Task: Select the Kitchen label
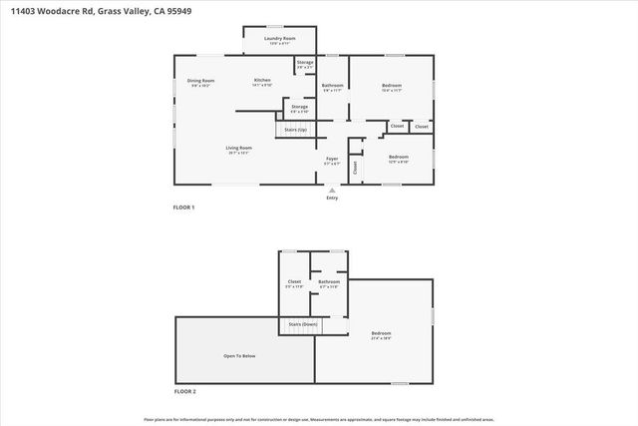tap(262, 80)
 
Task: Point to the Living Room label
tap(238, 148)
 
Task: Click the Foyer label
tap(333, 159)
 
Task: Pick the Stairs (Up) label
tap(295, 129)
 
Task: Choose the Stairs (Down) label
tap(302, 324)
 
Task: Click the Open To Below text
tap(239, 355)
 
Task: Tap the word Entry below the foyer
tap(332, 198)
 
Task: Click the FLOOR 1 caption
tap(184, 208)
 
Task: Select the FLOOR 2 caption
tap(184, 391)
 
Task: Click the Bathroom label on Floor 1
tap(333, 86)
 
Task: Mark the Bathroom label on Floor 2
tap(329, 281)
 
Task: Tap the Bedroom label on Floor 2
tap(381, 332)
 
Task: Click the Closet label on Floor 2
tap(294, 281)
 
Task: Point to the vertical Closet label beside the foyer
tap(354, 168)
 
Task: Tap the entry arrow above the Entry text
tap(332, 189)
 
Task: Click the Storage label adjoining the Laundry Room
tap(305, 62)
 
